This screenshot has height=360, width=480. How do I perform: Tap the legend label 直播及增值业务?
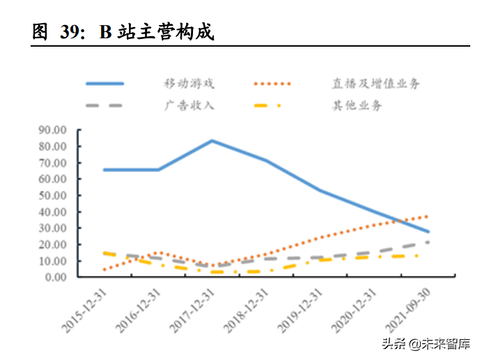pyautogui.click(x=376, y=84)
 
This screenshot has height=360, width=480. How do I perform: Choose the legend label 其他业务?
pyautogui.click(x=357, y=106)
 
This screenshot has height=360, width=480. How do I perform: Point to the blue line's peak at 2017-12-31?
pyautogui.click(x=212, y=141)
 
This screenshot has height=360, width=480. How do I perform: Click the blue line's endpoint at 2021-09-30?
pyautogui.click(x=428, y=231)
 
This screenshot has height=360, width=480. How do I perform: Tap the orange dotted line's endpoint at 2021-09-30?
pyautogui.click(x=427, y=216)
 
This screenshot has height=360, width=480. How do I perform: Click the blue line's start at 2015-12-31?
pyautogui.click(x=104, y=170)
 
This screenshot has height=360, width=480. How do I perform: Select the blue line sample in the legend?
pyautogui.click(x=104, y=84)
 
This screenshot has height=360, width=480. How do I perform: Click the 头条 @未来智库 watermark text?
pyautogui.click(x=430, y=344)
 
